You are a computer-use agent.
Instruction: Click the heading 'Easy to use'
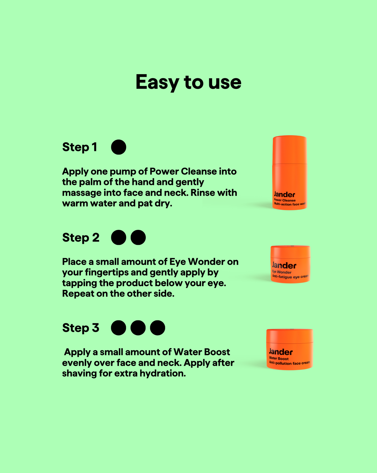pyautogui.click(x=188, y=82)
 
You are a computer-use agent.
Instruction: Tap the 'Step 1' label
pyautogui.click(x=80, y=147)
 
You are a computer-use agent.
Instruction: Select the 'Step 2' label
pyautogui.click(x=81, y=238)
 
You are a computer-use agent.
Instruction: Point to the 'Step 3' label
pyautogui.click(x=81, y=328)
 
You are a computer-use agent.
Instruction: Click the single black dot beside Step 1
pyautogui.click(x=119, y=147)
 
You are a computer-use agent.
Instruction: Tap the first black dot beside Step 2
pyautogui.click(x=119, y=238)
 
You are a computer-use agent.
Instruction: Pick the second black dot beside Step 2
pyautogui.click(x=138, y=238)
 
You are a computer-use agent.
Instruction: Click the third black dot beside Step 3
pyautogui.click(x=158, y=328)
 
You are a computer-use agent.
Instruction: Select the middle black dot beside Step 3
pyautogui.click(x=138, y=328)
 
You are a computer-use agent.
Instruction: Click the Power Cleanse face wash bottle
pyautogui.click(x=290, y=173)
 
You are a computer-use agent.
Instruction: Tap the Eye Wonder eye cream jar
pyautogui.click(x=290, y=264)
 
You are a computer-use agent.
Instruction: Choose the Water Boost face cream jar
pyautogui.click(x=290, y=349)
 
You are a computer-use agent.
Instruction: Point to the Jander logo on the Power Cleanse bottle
pyautogui.click(x=284, y=194)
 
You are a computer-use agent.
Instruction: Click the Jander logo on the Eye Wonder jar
pyautogui.click(x=284, y=266)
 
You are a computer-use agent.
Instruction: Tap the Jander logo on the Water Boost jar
pyautogui.click(x=281, y=352)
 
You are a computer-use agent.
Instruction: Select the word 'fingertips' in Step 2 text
pyautogui.click(x=106, y=273)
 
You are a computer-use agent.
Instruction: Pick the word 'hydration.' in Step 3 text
pyautogui.click(x=163, y=373)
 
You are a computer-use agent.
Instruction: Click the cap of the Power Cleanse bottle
pyautogui.click(x=290, y=149)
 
